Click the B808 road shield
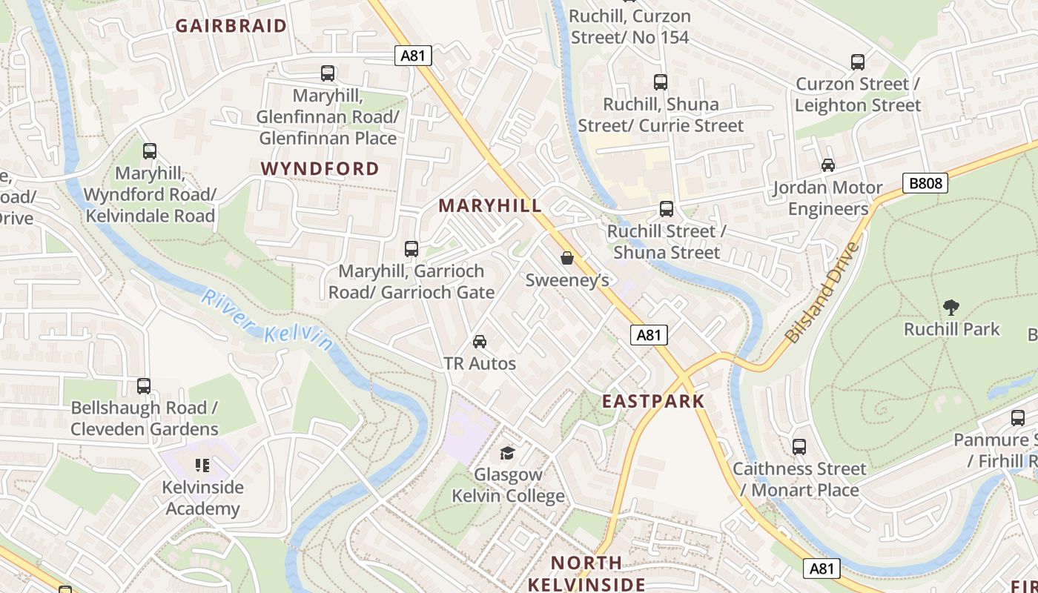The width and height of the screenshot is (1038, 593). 925,183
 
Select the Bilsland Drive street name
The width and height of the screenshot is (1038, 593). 822,292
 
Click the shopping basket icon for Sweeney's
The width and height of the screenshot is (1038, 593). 567,258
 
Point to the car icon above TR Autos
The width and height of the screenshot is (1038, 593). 480,342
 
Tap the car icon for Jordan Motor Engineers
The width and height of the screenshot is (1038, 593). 828,165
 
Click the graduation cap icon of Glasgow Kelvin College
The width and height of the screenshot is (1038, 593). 507,453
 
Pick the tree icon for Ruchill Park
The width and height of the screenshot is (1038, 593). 951,307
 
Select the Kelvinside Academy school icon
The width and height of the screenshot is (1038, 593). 202,466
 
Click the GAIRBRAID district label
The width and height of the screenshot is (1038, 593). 231,26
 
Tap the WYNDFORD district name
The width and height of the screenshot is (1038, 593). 320,169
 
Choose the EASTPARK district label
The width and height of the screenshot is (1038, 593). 653,402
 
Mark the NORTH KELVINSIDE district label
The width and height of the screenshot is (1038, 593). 586,574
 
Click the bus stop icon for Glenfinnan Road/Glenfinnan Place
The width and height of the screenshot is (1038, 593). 328,73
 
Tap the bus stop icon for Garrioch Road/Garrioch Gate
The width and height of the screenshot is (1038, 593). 411,249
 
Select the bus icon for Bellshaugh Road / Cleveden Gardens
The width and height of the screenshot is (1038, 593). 144,386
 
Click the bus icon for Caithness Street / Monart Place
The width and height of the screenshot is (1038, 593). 799,447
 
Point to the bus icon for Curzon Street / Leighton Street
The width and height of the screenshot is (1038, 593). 858,62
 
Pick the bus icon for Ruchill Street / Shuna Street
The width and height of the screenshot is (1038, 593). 667,209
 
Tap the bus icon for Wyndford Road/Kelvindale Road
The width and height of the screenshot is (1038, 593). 150,151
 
